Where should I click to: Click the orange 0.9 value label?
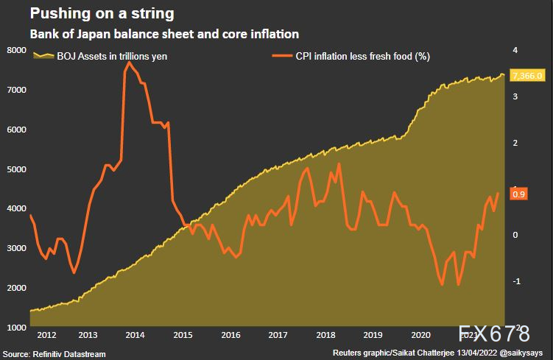(x=518, y=194)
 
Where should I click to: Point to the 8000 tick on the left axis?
(x=16, y=50)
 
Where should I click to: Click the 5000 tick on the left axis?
(x=16, y=169)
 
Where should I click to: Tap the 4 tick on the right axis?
(x=515, y=50)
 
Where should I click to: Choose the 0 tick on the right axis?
(x=515, y=235)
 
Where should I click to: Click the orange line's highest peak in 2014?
(x=130, y=63)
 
